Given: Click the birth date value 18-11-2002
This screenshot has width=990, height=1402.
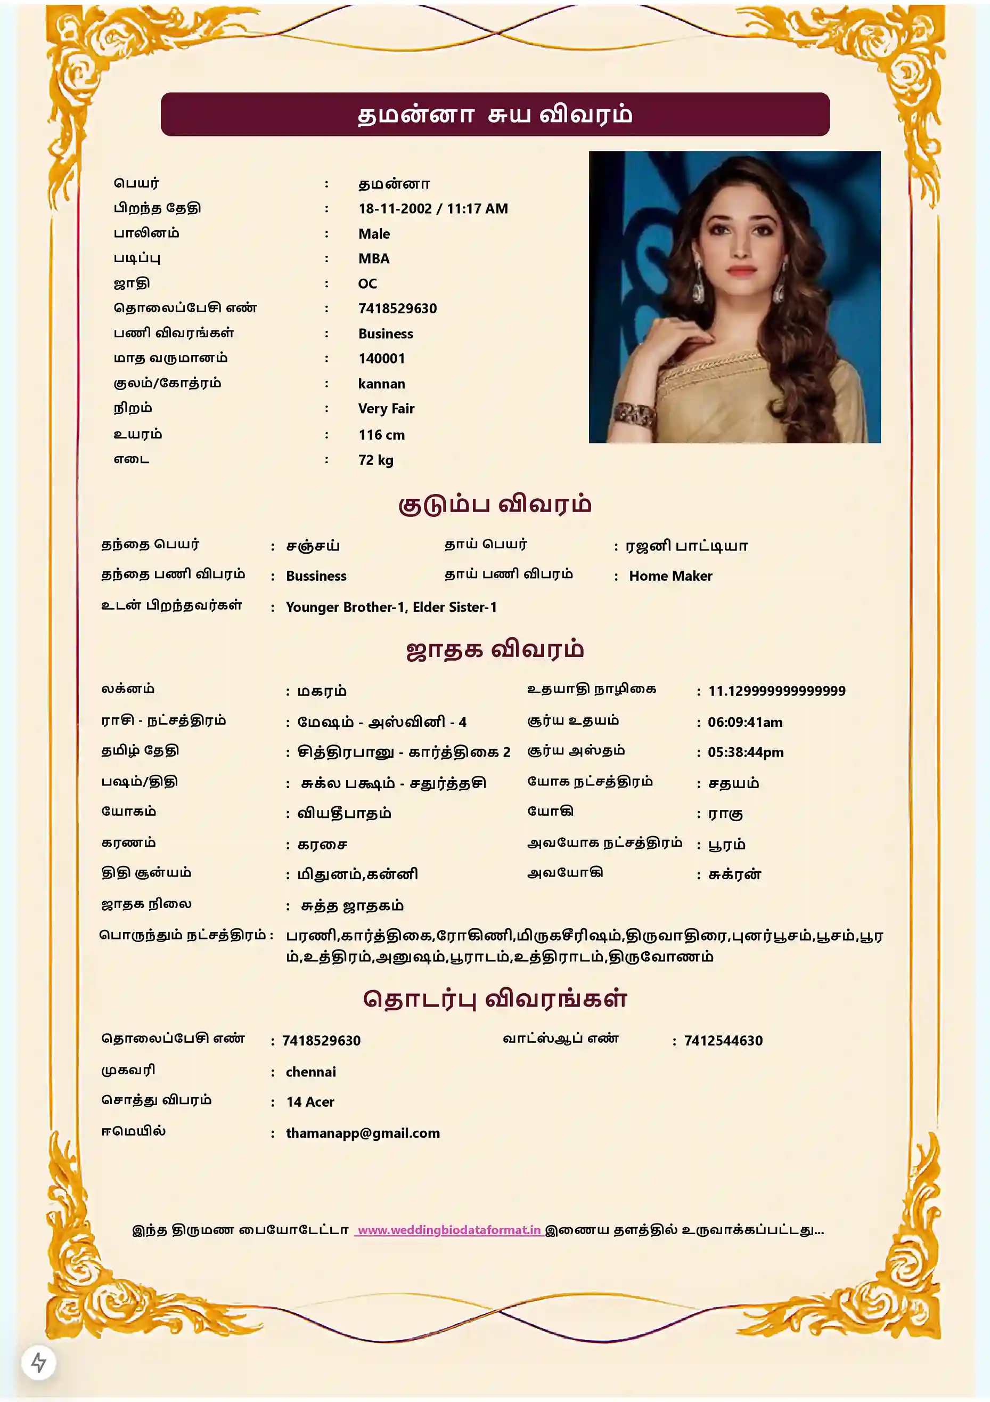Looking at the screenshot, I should click(x=395, y=209).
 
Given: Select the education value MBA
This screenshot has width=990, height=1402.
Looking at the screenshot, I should click(x=373, y=259).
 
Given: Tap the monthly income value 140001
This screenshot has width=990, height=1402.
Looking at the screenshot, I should click(x=381, y=359).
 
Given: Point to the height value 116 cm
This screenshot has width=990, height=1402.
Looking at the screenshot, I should click(x=381, y=435).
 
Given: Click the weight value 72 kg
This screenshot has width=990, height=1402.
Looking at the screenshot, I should click(x=375, y=460).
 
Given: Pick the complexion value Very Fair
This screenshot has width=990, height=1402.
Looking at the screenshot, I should click(x=386, y=409).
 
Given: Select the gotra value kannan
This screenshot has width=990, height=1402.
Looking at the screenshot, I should click(x=381, y=384).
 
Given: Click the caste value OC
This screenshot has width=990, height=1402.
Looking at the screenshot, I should click(x=367, y=284).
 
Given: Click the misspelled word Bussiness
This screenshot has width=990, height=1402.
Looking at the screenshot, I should click(x=316, y=577).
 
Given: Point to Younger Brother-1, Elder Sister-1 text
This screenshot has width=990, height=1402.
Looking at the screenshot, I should click(x=391, y=607).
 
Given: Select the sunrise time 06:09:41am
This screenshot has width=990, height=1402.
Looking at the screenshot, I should click(x=744, y=723).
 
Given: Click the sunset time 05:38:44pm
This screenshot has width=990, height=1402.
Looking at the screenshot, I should click(x=745, y=752).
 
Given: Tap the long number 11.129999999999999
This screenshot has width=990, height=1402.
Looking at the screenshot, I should click(x=776, y=691).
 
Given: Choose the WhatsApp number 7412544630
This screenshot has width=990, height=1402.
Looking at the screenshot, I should click(x=723, y=1041).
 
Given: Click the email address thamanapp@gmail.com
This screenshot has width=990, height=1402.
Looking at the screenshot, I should click(x=363, y=1133).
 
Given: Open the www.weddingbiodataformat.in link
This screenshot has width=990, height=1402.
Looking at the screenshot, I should click(x=449, y=1230).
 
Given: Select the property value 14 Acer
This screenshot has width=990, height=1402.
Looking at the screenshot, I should click(x=310, y=1102).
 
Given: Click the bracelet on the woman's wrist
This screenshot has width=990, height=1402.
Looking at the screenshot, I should click(x=635, y=416).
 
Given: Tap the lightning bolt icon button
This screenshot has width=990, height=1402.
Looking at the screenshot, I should click(x=38, y=1363).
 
